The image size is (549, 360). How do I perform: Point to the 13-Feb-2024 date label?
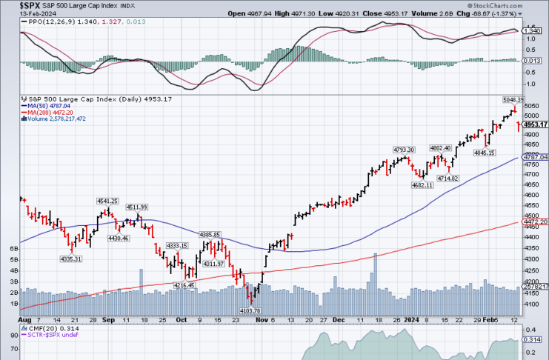click(x=19, y=13)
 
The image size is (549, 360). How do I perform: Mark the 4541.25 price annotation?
click(x=107, y=201)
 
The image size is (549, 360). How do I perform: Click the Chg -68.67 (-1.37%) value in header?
click(x=506, y=13)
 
